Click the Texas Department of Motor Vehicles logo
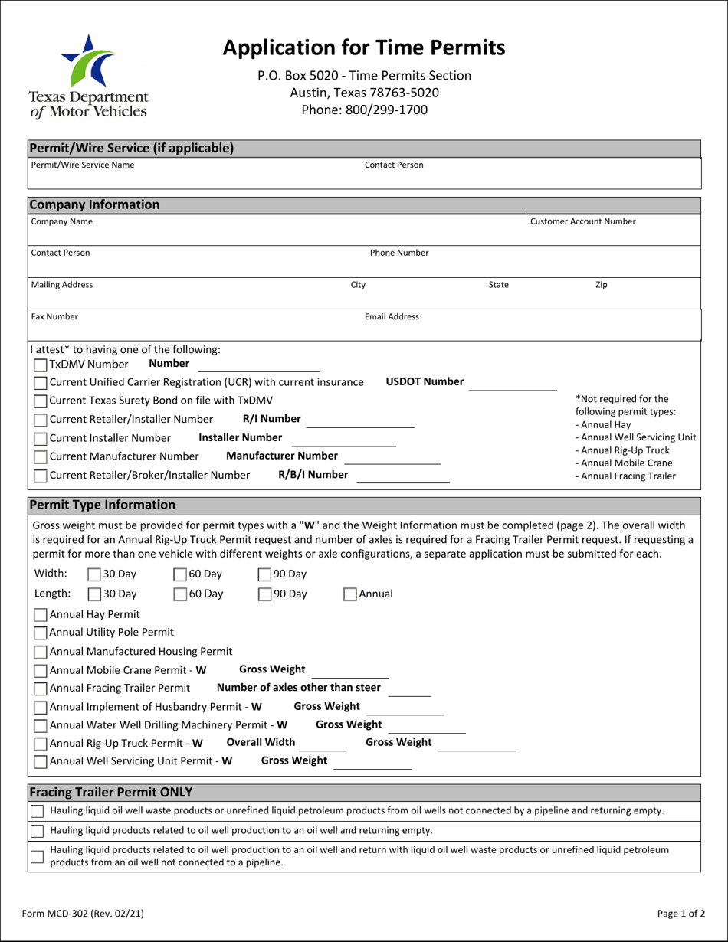(x=88, y=77)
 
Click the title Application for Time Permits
(x=364, y=47)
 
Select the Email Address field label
(x=392, y=316)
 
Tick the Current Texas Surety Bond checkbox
(x=41, y=401)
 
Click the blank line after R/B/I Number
(x=403, y=476)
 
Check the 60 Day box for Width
(x=180, y=574)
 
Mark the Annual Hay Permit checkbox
(x=41, y=613)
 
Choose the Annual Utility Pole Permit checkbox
(x=41, y=633)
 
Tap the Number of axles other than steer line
(x=414, y=689)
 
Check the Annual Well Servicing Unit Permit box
(x=41, y=761)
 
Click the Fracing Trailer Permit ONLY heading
(x=110, y=791)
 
